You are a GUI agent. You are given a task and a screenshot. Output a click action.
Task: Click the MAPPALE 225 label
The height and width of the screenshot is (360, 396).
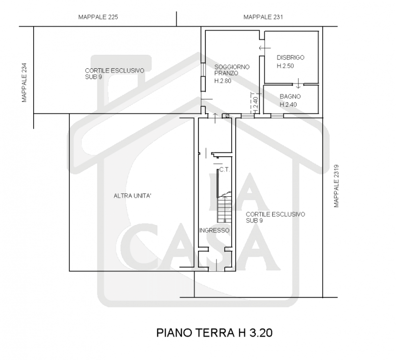point(98,17)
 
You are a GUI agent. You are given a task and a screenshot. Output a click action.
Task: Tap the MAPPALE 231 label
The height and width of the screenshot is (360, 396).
point(263,17)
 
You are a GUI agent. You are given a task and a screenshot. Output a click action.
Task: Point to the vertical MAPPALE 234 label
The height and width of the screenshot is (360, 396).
point(24,83)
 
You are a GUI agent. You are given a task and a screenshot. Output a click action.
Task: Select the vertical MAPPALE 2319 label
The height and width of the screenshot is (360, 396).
point(336,186)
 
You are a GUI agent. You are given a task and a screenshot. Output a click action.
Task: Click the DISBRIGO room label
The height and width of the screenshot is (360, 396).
point(291,57)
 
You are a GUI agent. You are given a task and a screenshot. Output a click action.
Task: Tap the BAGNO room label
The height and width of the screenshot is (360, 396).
point(290,96)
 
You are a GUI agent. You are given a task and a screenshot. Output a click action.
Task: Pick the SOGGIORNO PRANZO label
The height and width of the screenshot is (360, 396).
point(232,70)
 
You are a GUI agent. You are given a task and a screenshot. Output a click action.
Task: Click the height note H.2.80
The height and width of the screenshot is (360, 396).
point(223,81)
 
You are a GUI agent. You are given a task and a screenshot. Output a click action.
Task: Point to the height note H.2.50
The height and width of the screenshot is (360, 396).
point(285,66)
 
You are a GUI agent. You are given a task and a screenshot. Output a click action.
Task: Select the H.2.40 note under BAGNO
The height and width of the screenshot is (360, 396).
point(288,104)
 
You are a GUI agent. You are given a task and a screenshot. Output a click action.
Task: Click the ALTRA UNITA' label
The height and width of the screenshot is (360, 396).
point(132,196)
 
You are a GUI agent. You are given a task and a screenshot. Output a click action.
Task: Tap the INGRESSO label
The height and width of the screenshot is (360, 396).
point(214,230)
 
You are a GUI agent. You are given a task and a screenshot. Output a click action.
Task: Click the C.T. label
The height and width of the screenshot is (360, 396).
point(225,170)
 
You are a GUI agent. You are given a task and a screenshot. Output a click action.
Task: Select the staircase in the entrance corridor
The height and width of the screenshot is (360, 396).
point(224,207)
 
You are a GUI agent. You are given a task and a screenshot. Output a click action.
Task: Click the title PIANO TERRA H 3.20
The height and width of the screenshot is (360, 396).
point(214,333)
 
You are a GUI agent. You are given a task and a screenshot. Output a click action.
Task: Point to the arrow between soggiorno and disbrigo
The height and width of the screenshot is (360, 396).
point(265,47)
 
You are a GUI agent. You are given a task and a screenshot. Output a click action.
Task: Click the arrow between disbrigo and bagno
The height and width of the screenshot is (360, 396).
point(298,83)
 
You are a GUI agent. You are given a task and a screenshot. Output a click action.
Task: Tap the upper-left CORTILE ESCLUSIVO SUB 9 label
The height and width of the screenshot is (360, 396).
point(114,74)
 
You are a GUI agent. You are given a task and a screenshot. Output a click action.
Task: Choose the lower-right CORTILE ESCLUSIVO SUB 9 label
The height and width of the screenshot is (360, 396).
point(276,217)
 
